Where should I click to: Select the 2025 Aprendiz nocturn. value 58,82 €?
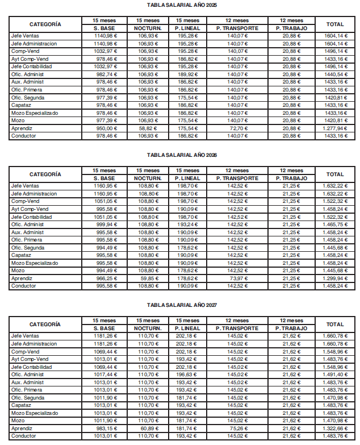coord(147,128)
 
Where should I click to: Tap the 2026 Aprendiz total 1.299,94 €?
coord(334,278)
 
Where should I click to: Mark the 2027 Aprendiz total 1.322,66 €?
coord(334,428)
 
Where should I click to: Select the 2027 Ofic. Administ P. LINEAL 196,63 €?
coord(187,375)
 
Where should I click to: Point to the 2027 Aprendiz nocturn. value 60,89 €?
coord(147,428)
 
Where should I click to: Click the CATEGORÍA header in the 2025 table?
coord(45,24)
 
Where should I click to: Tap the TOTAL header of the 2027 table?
coord(335,325)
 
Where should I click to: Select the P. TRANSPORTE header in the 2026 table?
coord(236,178)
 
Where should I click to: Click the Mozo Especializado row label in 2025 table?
coord(35,113)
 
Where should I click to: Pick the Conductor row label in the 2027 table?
coord(24,436)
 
